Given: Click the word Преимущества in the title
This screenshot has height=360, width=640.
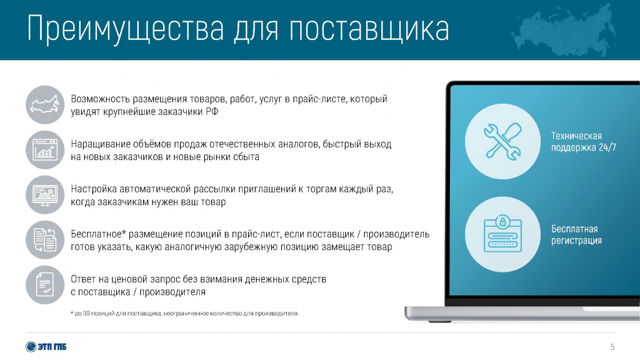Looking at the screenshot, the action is point(126,29).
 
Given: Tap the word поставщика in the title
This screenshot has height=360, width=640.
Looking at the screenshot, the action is point(369,28).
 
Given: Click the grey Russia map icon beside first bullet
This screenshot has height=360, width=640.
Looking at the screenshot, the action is point(45,104).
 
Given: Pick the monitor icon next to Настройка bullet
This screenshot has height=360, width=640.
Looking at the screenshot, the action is point(45,195).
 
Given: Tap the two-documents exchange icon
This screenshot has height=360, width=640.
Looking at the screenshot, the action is point(45,240).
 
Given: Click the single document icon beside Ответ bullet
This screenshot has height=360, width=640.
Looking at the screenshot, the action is point(45,285).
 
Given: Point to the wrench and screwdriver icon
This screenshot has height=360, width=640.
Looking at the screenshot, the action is point(502,141).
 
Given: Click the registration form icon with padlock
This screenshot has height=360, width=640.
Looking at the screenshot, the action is point(502,234).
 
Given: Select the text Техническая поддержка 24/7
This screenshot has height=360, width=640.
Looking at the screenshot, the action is point(583,142).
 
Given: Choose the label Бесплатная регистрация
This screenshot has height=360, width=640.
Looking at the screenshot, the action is point(576,235).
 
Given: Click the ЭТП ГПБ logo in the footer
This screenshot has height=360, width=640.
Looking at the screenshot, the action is point(46,346).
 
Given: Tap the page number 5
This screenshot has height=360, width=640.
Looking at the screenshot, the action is point(612,347).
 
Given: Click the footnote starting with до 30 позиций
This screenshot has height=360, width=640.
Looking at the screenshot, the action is point(184,314).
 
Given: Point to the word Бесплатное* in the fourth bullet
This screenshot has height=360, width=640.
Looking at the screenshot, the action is point(96,234).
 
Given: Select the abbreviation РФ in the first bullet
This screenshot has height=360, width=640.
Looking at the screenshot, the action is point(212,111).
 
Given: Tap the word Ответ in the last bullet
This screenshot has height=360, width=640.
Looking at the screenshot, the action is point(83,279).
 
